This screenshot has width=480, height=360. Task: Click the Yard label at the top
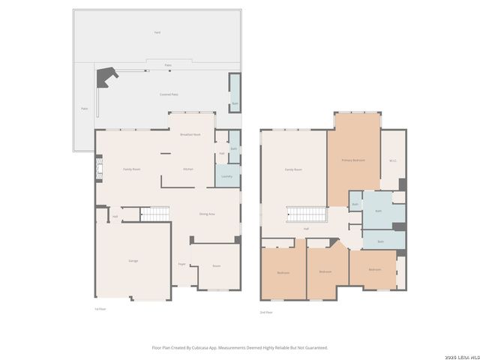pyautogui.click(x=157, y=32)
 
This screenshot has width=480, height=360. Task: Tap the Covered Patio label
pyautogui.click(x=169, y=94)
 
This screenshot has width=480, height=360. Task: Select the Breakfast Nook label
pyautogui.click(x=190, y=134)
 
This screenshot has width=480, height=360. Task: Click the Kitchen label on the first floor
pyautogui.click(x=188, y=169)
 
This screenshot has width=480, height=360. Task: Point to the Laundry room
pyautogui.click(x=226, y=176)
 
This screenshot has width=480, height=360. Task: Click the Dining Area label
pyautogui.click(x=208, y=214)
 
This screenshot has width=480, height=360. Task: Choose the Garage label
pyautogui.click(x=133, y=260)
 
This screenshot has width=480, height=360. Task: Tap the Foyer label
pyautogui.click(x=181, y=265)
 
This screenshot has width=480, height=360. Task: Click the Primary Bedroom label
pyautogui.click(x=353, y=160)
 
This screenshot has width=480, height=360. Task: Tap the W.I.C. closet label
pyautogui.click(x=393, y=160)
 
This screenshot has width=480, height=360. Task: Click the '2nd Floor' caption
pyautogui.click(x=265, y=312)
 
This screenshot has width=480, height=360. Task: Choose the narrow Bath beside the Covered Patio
pyautogui.click(x=235, y=93)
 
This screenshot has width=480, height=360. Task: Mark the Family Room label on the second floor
pyautogui.click(x=293, y=169)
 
